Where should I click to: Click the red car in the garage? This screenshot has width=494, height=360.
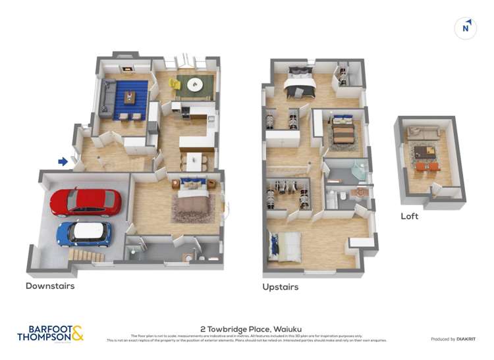(x=85, y=202)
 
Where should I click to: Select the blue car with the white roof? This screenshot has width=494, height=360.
(x=84, y=233)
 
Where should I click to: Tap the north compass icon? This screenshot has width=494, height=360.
(x=466, y=28)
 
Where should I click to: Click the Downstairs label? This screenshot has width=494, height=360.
(x=50, y=286)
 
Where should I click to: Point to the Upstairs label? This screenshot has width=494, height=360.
(x=280, y=287)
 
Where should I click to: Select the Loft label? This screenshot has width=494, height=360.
(x=409, y=216)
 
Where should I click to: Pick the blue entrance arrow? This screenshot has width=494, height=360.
(x=63, y=161)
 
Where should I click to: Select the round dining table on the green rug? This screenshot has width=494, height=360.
(x=195, y=84)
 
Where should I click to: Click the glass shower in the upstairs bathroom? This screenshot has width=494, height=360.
(x=358, y=170)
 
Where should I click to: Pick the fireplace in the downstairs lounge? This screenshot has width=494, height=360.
(x=127, y=67)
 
